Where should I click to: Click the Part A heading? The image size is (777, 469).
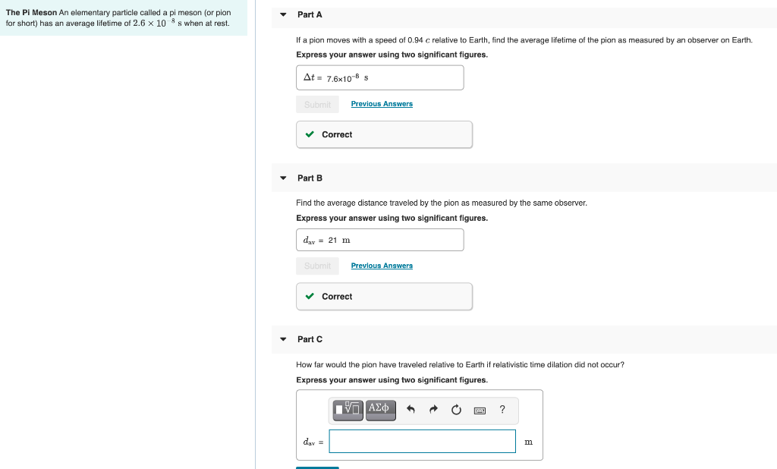pos(310,14)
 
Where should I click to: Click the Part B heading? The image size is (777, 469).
pos(310,178)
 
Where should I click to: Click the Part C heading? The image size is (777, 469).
pos(310,339)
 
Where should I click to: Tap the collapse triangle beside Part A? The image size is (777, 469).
pos(283,14)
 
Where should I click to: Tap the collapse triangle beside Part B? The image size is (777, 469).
pos(283,178)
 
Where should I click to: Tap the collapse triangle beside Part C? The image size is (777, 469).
pos(283,339)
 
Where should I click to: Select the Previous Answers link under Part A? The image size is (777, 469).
pos(382,104)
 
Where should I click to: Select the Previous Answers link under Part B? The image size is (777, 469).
pos(382,266)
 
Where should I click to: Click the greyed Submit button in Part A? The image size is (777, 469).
pos(317,104)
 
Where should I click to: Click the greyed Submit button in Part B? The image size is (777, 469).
pos(317,266)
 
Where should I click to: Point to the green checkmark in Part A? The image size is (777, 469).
pos(310,134)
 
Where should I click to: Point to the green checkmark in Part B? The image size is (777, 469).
pos(310,297)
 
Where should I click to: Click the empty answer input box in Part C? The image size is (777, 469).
pos(422,441)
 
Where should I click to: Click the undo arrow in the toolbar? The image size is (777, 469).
pos(411,410)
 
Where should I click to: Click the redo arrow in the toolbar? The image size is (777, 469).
pos(433,410)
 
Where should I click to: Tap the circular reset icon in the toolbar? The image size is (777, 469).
pos(456,410)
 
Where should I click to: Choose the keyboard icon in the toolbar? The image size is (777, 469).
pos(480,410)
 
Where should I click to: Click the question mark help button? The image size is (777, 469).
pos(502,410)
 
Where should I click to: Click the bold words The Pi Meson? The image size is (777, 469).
pos(31,13)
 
